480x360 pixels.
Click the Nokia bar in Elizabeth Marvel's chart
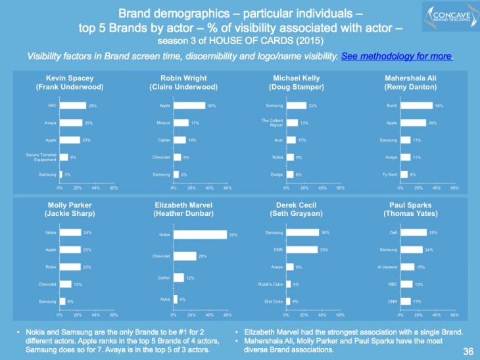click(x=200, y=234)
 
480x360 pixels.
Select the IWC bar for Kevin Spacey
click(x=72, y=105)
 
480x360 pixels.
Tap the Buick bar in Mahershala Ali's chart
click(x=415, y=105)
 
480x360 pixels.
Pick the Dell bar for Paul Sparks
click(x=412, y=232)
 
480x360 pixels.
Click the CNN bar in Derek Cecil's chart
click(x=302, y=249)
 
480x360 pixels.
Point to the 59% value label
click(x=233, y=234)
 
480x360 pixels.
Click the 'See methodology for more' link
click(x=397, y=57)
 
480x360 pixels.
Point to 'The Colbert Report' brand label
click(x=272, y=123)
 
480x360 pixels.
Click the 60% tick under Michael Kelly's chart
click(x=340, y=188)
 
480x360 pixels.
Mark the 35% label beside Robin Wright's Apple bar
click(x=212, y=105)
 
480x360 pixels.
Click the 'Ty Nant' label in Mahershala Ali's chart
click(x=389, y=174)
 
